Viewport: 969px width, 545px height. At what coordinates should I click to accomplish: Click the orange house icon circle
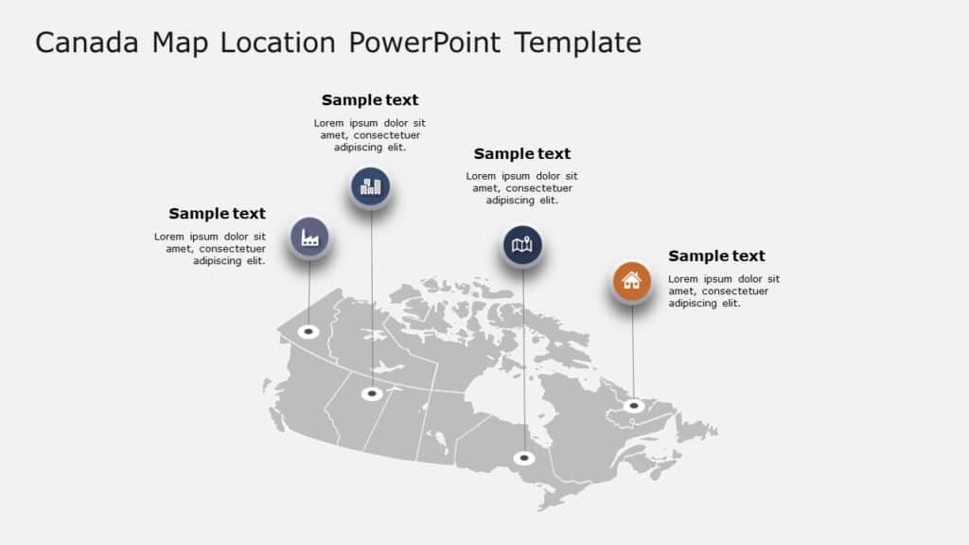point(631,281)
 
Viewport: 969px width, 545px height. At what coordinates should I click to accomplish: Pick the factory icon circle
point(309,237)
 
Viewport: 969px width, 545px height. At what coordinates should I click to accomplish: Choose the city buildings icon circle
point(371,186)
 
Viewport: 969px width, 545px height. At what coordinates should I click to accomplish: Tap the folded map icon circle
point(522,246)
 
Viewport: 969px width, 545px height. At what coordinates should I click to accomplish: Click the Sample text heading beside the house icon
point(716,255)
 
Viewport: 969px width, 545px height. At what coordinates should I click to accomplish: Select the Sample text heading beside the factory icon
point(217,214)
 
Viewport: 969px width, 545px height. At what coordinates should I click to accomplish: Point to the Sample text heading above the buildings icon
point(370,100)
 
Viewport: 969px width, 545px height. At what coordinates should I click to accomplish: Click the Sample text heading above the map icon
point(522,154)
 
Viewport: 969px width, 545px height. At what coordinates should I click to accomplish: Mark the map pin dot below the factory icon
point(308,332)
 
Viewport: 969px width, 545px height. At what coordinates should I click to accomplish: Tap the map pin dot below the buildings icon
point(372,394)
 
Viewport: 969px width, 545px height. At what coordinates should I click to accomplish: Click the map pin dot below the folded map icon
point(524,459)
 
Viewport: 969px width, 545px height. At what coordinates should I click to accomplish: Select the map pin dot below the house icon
point(634,406)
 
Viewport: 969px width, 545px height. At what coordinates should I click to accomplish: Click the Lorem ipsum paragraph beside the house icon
point(724,291)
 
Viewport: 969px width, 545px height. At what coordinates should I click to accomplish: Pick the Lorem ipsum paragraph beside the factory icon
point(210,249)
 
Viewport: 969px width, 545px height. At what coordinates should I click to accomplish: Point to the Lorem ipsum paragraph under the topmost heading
point(370,135)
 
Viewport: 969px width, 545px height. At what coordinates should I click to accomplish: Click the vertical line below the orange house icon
point(633,350)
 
